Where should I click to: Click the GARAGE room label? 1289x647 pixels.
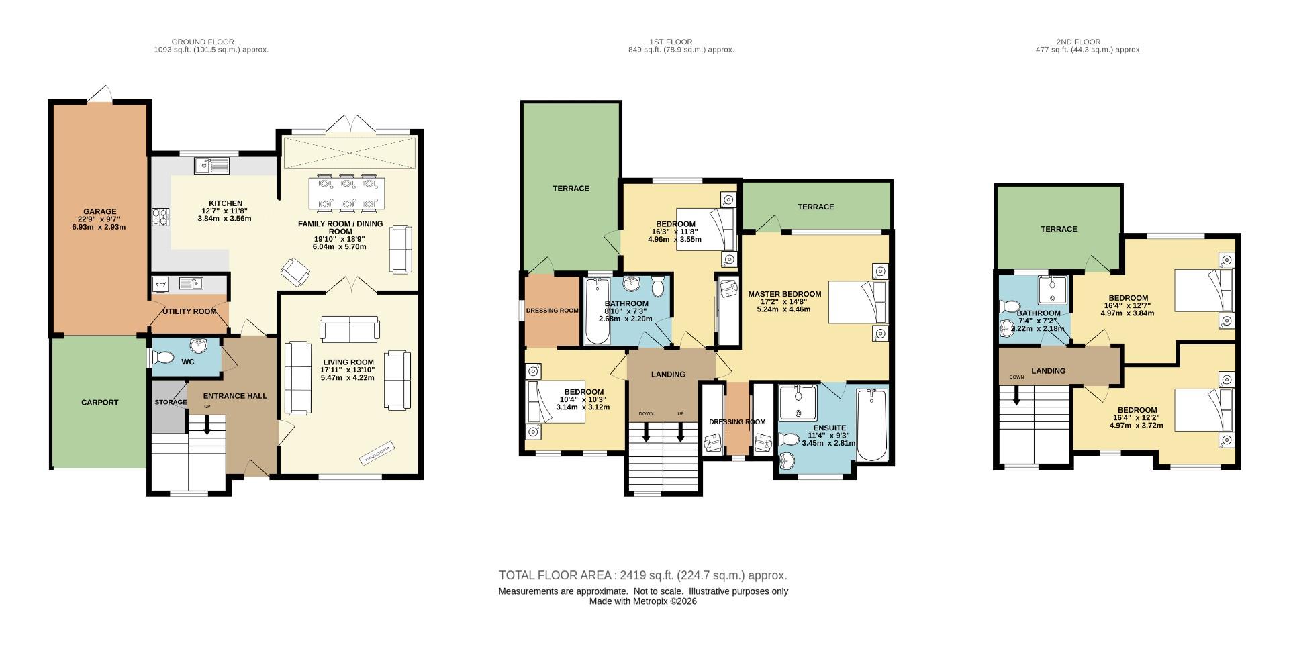point(99,211)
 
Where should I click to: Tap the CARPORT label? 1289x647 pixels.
point(99,403)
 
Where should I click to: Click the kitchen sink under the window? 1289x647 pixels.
point(211,164)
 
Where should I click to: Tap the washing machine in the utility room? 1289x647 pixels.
point(161,285)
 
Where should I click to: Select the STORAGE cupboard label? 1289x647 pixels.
point(171,403)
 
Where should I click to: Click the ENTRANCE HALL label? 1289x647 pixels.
point(235,396)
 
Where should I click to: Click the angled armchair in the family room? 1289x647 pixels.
point(296,272)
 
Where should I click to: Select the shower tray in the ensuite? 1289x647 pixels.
point(798,402)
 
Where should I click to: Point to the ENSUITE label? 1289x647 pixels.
point(830,428)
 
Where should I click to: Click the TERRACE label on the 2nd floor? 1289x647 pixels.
point(1059,229)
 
